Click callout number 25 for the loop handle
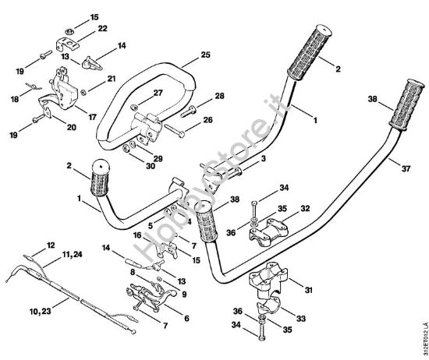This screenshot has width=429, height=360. pos(205,55)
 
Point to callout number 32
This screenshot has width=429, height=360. pos(306,209)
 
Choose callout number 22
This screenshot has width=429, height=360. pos(102,29)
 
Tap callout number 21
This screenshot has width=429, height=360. pos(111,79)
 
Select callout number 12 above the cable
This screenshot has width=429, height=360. pos(51,245)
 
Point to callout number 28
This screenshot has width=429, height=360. pos(219,96)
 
